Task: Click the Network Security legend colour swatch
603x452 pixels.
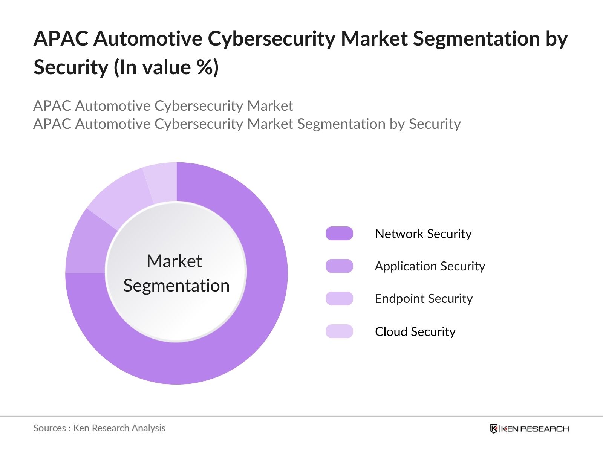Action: pos(339,234)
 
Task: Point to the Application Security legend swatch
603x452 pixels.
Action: pos(339,266)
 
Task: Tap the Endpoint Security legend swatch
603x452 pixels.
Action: pos(339,298)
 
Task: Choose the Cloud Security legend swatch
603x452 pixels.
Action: pos(339,331)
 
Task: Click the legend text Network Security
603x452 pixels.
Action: pos(423,234)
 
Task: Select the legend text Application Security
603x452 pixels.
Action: pos(430,266)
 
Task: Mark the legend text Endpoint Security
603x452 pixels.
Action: pos(424,298)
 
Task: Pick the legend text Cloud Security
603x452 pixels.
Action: pos(415,331)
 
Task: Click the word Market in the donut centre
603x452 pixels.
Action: pos(174,261)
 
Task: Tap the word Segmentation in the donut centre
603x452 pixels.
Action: pos(176,286)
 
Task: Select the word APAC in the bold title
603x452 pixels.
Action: pos(61,38)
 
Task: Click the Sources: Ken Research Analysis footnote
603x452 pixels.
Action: pos(99,428)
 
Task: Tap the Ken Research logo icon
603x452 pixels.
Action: pos(494,429)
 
